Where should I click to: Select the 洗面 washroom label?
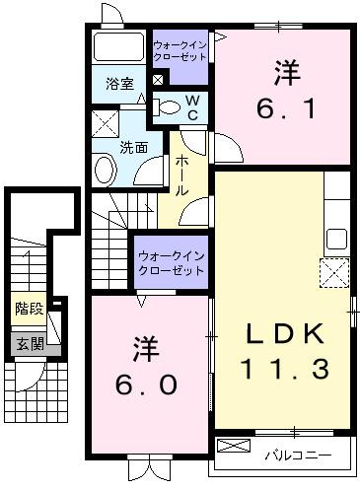point(134,148)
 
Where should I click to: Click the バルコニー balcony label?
point(295,456)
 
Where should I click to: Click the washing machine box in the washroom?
point(104,124)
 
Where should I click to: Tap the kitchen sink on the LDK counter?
point(336,237)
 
